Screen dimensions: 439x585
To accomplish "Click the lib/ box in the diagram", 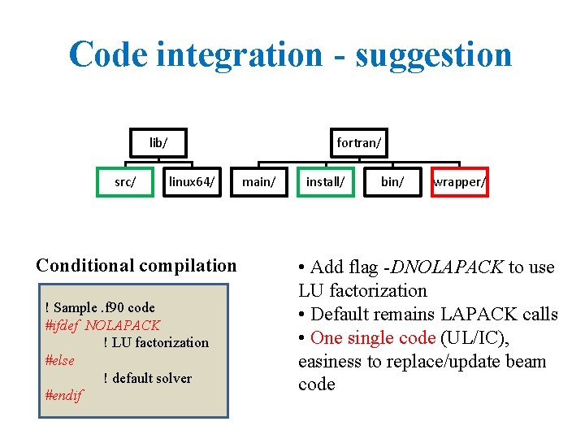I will [x=158, y=143].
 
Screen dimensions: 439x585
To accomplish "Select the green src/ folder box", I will [x=125, y=182].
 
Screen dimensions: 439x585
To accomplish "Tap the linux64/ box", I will [x=192, y=182].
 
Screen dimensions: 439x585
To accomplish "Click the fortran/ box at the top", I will [x=358, y=143].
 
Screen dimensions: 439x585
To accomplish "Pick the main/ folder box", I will [x=259, y=182].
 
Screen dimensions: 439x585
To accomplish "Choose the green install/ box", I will [x=325, y=182].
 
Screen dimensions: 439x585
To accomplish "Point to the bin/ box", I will [x=392, y=182].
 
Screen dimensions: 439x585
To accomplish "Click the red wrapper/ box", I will [x=459, y=182].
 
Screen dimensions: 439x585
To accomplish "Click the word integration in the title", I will [x=239, y=55].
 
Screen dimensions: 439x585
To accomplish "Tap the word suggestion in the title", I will [x=434, y=55].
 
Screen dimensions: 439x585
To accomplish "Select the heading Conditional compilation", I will [x=136, y=265].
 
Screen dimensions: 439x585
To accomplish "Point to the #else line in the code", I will [x=60, y=360].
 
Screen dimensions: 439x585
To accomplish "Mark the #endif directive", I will [x=64, y=396].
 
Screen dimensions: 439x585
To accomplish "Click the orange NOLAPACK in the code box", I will [x=123, y=325].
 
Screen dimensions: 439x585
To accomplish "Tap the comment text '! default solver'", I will [x=148, y=378].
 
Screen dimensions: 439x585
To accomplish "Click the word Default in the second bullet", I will [x=340, y=314].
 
